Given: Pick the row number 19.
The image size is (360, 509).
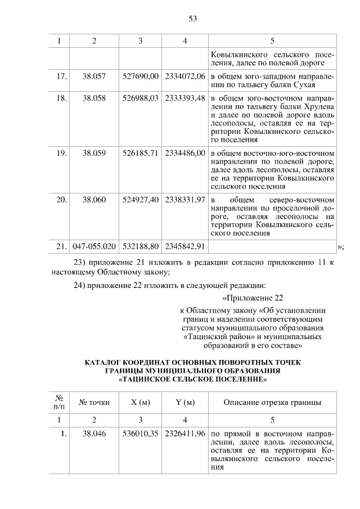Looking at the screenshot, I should click(62, 153).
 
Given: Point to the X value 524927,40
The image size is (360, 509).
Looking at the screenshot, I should click(141, 200).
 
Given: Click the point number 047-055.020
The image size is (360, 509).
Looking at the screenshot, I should click(94, 246).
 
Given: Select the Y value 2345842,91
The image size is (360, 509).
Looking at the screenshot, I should click(185, 246).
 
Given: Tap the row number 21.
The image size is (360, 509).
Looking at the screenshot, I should click(62, 246).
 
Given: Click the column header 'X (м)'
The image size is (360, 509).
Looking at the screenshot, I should click(141, 402).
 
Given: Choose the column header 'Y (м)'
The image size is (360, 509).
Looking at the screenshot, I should click(185, 402).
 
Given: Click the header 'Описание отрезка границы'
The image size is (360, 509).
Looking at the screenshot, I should click(272, 402).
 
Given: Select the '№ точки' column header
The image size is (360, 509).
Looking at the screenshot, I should click(94, 402).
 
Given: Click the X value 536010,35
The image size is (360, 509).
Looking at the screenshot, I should click(141, 434).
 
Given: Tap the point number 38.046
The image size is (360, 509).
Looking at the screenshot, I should click(94, 434).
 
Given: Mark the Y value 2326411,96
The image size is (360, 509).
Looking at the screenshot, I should click(185, 434).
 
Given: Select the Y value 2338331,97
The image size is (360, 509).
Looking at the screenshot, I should click(185, 200).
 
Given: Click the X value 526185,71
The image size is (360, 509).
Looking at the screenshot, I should click(141, 153).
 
